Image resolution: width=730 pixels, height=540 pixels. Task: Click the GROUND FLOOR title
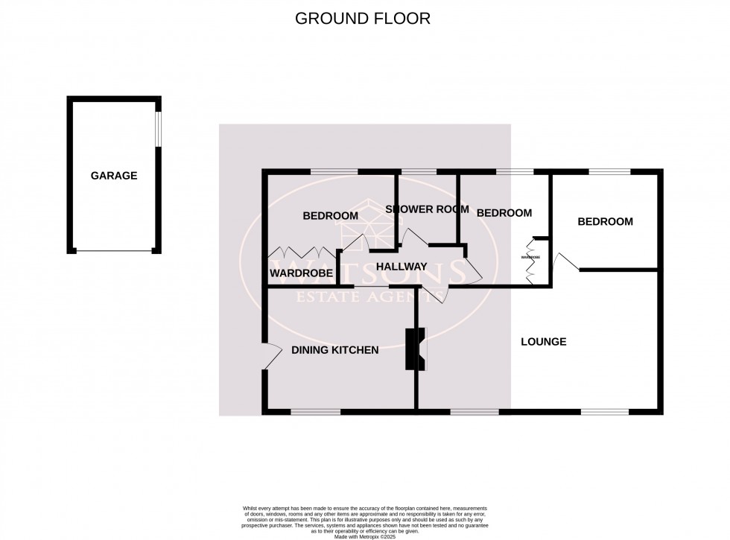tap(363, 19)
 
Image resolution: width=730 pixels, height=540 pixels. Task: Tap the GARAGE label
tap(114, 176)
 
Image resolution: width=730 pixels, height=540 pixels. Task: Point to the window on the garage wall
tap(157, 128)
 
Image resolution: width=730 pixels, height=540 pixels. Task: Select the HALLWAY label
tap(401, 267)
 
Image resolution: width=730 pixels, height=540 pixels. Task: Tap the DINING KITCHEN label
tap(334, 350)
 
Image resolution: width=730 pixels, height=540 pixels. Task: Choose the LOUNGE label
tap(543, 342)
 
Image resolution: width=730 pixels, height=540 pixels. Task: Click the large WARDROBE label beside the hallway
tap(301, 273)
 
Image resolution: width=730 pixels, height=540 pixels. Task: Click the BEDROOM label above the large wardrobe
tap(330, 216)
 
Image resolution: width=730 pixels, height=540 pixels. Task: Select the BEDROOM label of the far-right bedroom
tap(605, 221)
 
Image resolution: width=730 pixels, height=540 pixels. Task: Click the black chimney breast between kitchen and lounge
tap(412, 349)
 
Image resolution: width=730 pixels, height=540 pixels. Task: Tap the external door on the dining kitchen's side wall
tap(269, 356)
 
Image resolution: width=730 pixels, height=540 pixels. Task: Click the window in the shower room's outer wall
tap(418, 173)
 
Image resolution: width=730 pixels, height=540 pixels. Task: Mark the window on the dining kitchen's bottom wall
tap(315, 410)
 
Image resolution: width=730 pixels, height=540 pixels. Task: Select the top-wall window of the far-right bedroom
tap(609, 173)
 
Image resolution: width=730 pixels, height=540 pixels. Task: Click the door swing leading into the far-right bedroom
tap(563, 261)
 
